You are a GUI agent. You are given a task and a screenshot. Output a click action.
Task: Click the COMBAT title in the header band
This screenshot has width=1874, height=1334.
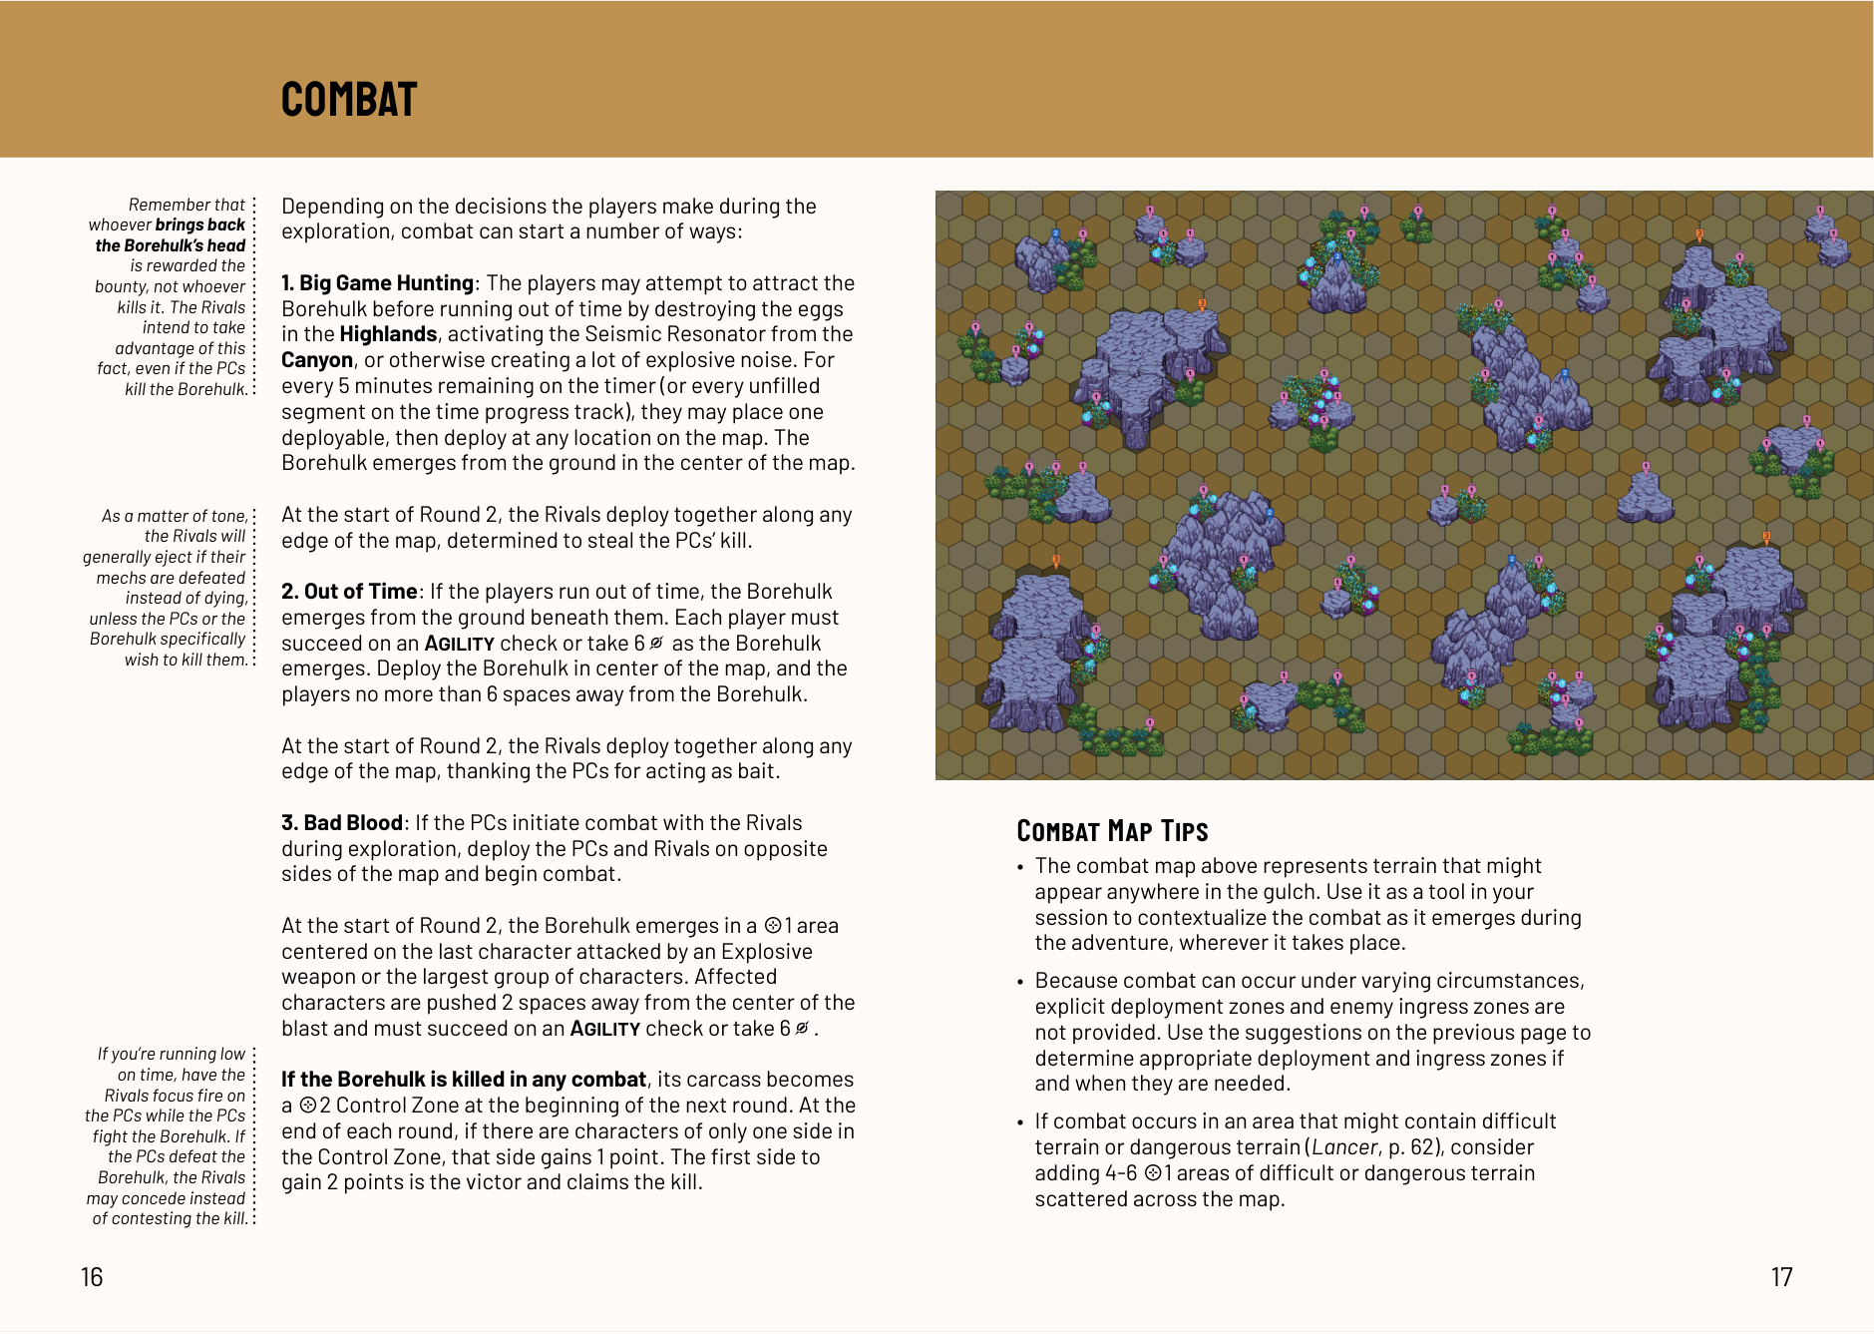[349, 100]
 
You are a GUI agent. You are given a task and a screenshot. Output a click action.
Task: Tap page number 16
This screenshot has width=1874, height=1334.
[92, 1277]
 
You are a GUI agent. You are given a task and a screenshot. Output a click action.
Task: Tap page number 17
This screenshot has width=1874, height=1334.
[1781, 1277]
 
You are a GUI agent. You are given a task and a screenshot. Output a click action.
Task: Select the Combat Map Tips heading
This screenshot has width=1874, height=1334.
[1112, 831]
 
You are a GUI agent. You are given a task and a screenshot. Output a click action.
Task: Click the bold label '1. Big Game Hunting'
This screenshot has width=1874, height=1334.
[377, 283]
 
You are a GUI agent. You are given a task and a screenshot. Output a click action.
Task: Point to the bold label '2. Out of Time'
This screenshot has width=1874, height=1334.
[349, 592]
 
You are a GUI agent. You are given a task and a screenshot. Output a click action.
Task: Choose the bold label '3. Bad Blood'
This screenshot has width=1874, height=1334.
[342, 823]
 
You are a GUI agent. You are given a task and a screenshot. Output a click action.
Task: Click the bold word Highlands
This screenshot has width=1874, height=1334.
[388, 334]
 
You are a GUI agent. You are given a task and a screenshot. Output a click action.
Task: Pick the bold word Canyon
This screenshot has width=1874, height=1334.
[317, 360]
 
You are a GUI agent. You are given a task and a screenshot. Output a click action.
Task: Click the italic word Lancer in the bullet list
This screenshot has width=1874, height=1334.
[1344, 1147]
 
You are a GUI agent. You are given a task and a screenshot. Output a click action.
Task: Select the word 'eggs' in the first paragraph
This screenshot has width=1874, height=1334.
[821, 309]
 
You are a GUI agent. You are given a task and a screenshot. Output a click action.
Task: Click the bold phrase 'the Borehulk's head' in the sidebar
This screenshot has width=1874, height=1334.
[171, 245]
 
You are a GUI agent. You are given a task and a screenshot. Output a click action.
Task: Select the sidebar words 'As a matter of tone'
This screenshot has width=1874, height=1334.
[175, 516]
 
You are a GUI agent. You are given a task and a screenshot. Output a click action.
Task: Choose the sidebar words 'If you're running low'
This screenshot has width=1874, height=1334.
[171, 1054]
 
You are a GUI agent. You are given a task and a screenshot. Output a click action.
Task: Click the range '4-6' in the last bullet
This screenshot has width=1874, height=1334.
[1120, 1173]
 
